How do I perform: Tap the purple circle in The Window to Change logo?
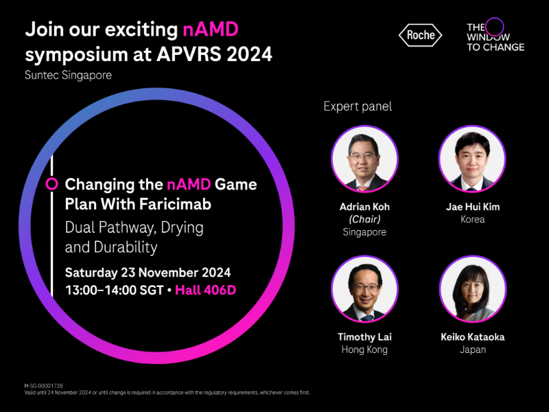pos(494,27)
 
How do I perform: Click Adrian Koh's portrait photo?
pos(364,159)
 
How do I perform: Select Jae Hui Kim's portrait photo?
pos(472,159)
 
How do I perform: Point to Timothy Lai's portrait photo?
pos(364,289)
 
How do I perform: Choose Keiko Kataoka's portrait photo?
pos(472,289)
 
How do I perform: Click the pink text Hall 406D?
pos(205,290)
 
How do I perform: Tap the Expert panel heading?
pos(358,106)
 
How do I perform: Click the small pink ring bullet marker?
pos(51,184)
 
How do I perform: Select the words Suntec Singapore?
pos(68,75)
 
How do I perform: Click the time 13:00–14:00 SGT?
pos(113,290)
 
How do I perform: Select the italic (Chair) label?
pos(364,219)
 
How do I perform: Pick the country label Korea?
pos(472,220)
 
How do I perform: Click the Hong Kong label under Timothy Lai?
pos(364,350)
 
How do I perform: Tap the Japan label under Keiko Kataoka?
pos(472,350)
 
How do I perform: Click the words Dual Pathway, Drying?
pos(134,227)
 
